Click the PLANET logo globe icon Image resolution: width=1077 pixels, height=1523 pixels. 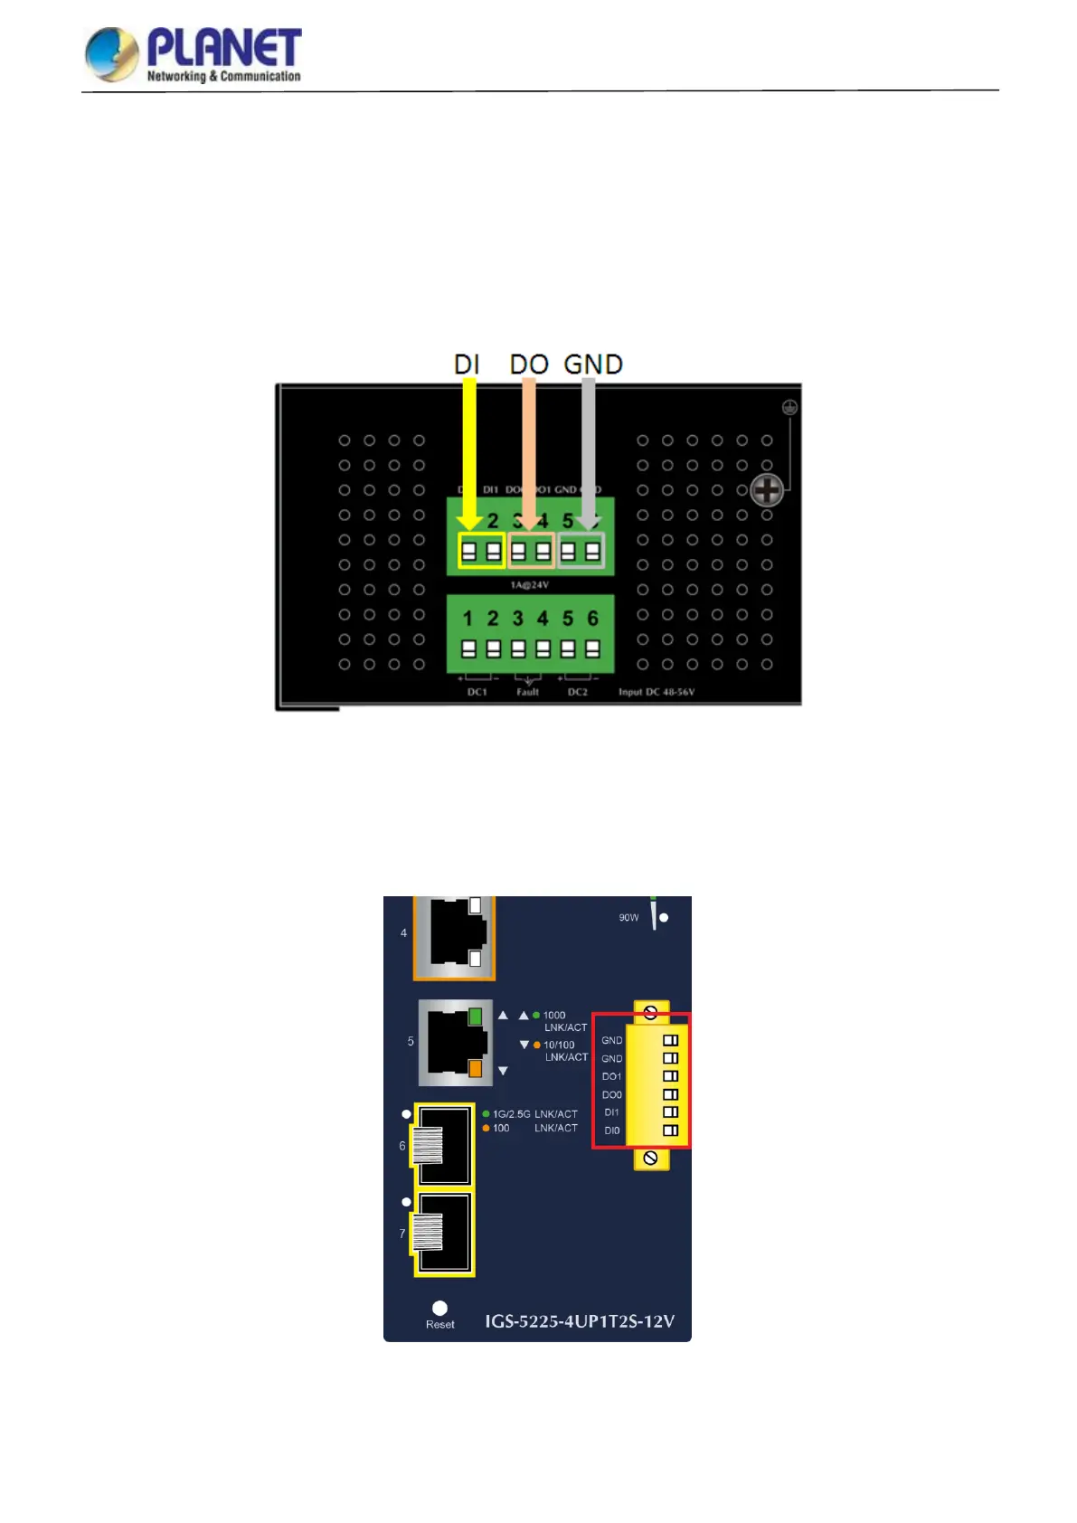tap(111, 53)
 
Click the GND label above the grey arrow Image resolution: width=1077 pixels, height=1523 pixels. tap(593, 364)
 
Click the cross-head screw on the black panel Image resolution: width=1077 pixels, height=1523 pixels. tap(767, 491)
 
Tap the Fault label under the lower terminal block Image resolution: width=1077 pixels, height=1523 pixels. tap(527, 692)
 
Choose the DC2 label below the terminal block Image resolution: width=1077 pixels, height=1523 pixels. tap(578, 692)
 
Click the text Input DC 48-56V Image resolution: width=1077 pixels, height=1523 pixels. tap(657, 692)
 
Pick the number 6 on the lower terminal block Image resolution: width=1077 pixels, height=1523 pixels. tap(592, 619)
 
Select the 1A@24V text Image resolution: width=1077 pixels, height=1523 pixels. tap(529, 585)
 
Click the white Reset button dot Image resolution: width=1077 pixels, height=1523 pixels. tap(439, 1308)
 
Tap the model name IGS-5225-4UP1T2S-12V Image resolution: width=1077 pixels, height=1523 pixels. tap(580, 1321)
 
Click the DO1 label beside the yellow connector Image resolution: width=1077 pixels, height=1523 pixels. tap(611, 1076)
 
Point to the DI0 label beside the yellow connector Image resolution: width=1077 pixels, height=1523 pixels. tap(612, 1130)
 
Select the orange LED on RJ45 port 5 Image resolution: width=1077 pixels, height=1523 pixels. tap(475, 1069)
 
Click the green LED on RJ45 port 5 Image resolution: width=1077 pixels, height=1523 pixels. tap(475, 1017)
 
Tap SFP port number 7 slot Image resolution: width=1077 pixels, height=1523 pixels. tap(444, 1234)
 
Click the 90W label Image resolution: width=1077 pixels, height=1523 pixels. tap(628, 918)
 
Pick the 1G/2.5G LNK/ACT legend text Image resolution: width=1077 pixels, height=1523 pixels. tap(534, 1114)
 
